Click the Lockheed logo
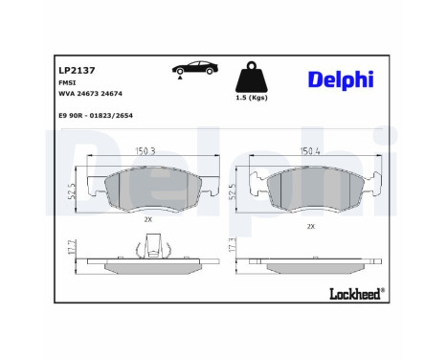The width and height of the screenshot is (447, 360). (x=353, y=292)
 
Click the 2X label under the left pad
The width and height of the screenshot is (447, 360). (x=148, y=219)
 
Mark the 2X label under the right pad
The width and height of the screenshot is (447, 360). (x=310, y=226)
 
